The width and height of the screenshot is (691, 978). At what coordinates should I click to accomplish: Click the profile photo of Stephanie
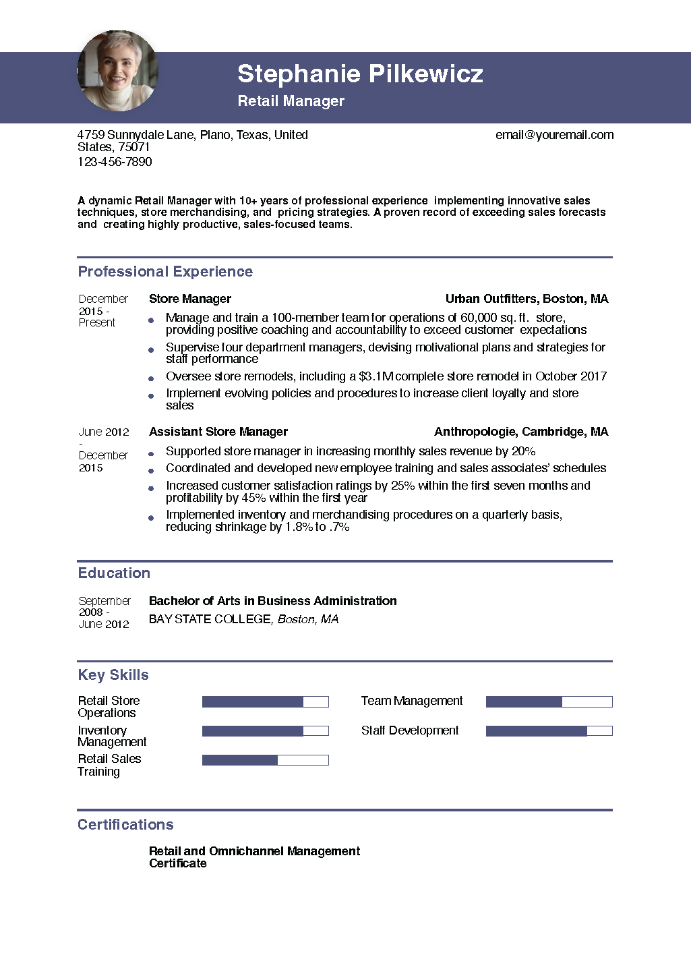118,71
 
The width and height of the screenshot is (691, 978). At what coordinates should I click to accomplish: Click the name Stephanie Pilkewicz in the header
360,74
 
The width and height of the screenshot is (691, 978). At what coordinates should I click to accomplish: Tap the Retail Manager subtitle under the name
291,101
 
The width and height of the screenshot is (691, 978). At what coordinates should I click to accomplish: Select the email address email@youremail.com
554,135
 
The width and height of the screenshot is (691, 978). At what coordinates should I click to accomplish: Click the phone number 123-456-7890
115,162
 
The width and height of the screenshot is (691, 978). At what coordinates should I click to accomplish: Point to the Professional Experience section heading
165,272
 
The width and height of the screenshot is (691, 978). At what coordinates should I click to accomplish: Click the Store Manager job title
189,299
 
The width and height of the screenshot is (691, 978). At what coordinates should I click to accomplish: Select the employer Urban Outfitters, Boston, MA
527,299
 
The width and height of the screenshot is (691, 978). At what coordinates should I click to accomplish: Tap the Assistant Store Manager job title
218,432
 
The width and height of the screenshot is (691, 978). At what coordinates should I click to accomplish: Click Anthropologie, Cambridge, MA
520,432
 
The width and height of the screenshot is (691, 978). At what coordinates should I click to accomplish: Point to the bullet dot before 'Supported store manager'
151,454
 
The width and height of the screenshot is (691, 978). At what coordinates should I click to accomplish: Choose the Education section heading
114,573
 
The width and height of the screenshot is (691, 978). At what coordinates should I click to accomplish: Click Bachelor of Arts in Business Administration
272,601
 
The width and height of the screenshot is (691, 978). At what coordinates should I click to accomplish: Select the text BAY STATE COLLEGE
209,619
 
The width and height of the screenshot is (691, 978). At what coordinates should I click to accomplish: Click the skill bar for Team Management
549,702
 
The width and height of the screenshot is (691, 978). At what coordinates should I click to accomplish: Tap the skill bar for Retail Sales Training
265,760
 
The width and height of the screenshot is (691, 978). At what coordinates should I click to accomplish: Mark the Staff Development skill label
409,730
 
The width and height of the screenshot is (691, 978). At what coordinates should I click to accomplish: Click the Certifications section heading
125,825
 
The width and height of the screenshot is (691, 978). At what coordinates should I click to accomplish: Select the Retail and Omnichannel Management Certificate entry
254,857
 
